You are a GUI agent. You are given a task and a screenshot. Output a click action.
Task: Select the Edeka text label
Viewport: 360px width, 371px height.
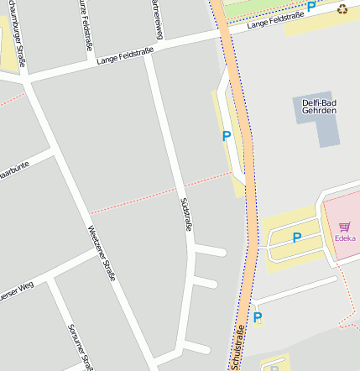click(344, 238)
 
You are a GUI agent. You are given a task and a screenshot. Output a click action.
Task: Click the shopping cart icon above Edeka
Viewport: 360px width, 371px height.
click(344, 226)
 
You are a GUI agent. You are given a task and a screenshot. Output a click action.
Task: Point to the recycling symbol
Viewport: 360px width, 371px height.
click(342, 9)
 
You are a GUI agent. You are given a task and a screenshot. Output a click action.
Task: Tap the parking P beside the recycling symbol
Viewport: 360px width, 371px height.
click(311, 7)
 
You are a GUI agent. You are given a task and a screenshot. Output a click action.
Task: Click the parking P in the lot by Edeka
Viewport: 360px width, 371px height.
click(296, 238)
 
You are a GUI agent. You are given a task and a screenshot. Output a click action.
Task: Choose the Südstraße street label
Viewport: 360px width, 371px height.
click(186, 214)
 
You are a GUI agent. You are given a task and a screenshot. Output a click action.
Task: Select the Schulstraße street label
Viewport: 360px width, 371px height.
click(238, 347)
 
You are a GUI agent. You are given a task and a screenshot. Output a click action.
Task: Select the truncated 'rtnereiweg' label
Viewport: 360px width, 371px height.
click(156, 18)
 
